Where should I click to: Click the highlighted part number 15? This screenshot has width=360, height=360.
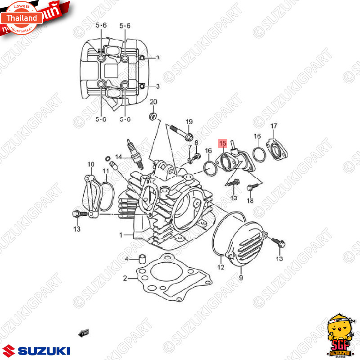click(223, 144)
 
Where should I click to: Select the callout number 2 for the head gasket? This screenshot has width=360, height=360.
click(125, 278)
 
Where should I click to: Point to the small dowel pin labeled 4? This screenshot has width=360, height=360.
click(143, 259)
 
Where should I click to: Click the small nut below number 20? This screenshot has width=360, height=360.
click(153, 117)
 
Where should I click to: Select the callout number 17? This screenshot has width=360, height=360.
click(273, 126)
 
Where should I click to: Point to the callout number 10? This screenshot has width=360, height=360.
click(91, 164)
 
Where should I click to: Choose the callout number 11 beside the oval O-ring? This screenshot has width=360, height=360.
click(106, 171)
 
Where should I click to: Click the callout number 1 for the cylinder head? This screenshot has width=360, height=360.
click(121, 235)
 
